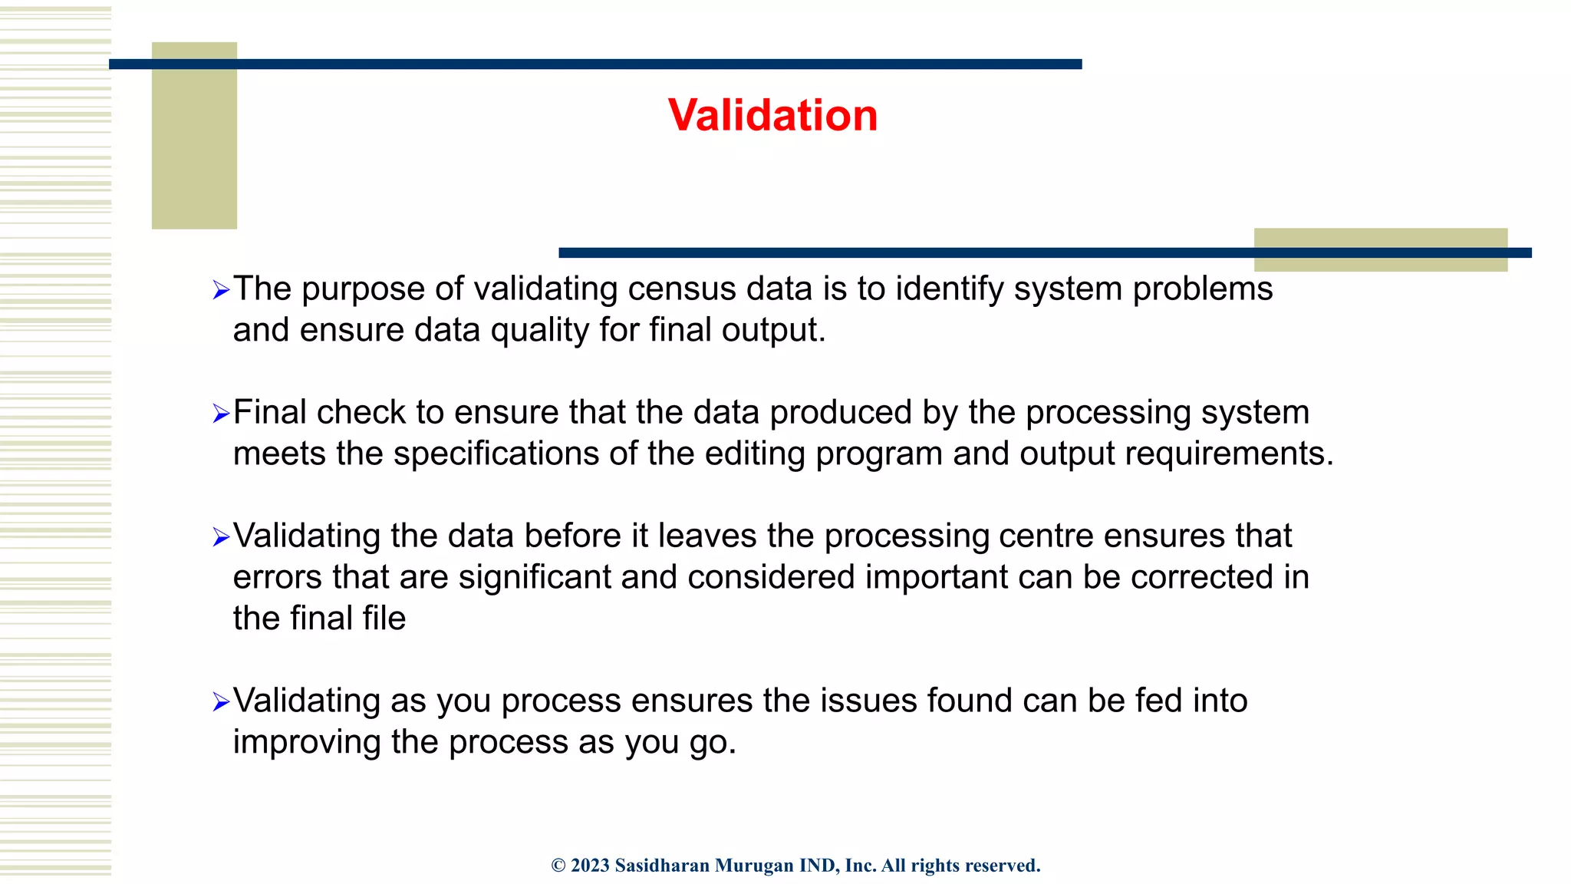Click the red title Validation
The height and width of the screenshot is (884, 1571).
coord(772,116)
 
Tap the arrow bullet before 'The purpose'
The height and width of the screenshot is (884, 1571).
coord(221,290)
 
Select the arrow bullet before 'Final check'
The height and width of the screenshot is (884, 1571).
coord(221,414)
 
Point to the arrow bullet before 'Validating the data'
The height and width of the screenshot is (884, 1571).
coord(221,537)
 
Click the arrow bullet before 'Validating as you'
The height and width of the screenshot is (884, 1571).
coord(221,701)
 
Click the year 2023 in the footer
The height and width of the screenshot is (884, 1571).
coord(590,866)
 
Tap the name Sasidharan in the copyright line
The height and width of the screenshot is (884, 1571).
coord(662,866)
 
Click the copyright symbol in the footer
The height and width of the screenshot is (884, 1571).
coord(558,866)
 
